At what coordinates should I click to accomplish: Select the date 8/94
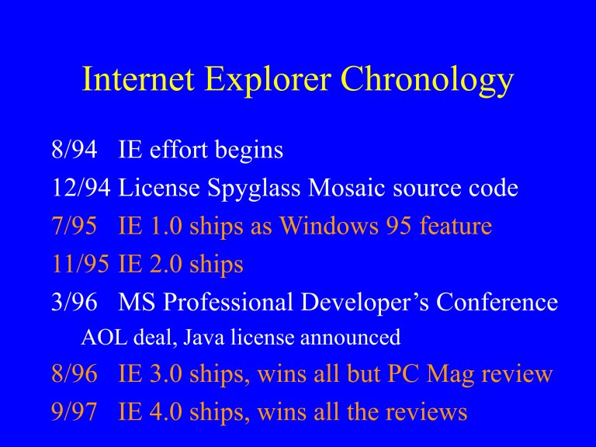(x=74, y=150)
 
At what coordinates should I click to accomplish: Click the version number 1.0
(x=162, y=226)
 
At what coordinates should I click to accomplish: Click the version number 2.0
(x=162, y=264)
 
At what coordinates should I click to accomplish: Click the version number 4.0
(x=162, y=412)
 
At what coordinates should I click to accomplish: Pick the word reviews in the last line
(x=424, y=412)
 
